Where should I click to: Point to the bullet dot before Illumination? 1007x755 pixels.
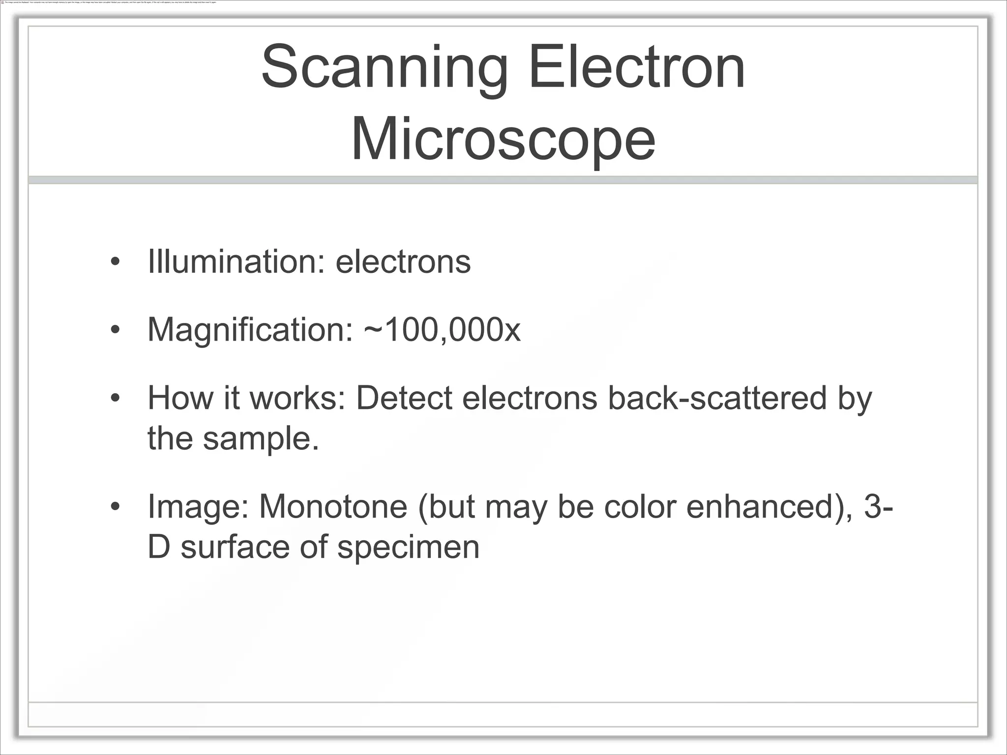coord(115,262)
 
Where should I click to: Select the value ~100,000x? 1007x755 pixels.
coord(442,330)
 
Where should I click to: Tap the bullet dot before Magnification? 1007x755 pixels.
coord(115,330)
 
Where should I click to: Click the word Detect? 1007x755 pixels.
coord(403,398)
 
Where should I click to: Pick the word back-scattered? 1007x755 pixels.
coord(717,398)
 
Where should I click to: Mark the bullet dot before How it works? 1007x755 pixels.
coord(115,398)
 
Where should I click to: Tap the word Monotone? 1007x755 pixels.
coord(333,506)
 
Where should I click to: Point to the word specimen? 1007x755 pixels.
coord(408,547)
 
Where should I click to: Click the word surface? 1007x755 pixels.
coord(235,547)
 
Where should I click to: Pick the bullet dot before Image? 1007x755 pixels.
coord(115,507)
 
